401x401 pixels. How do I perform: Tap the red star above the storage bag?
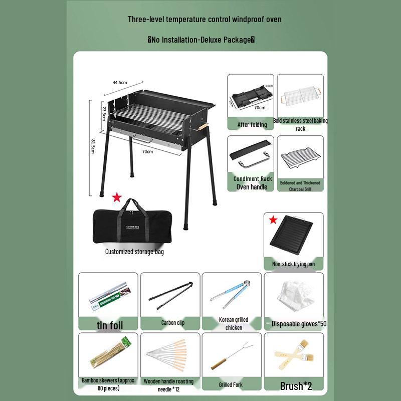(x=117, y=197)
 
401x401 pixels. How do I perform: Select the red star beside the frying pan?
(x=273, y=220)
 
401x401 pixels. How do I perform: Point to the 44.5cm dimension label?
(x=120, y=82)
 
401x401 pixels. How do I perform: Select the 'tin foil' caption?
(x=110, y=325)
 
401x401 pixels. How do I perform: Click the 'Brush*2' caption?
(x=296, y=386)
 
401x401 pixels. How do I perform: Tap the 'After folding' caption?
(x=252, y=124)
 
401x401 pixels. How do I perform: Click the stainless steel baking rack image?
(x=301, y=95)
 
